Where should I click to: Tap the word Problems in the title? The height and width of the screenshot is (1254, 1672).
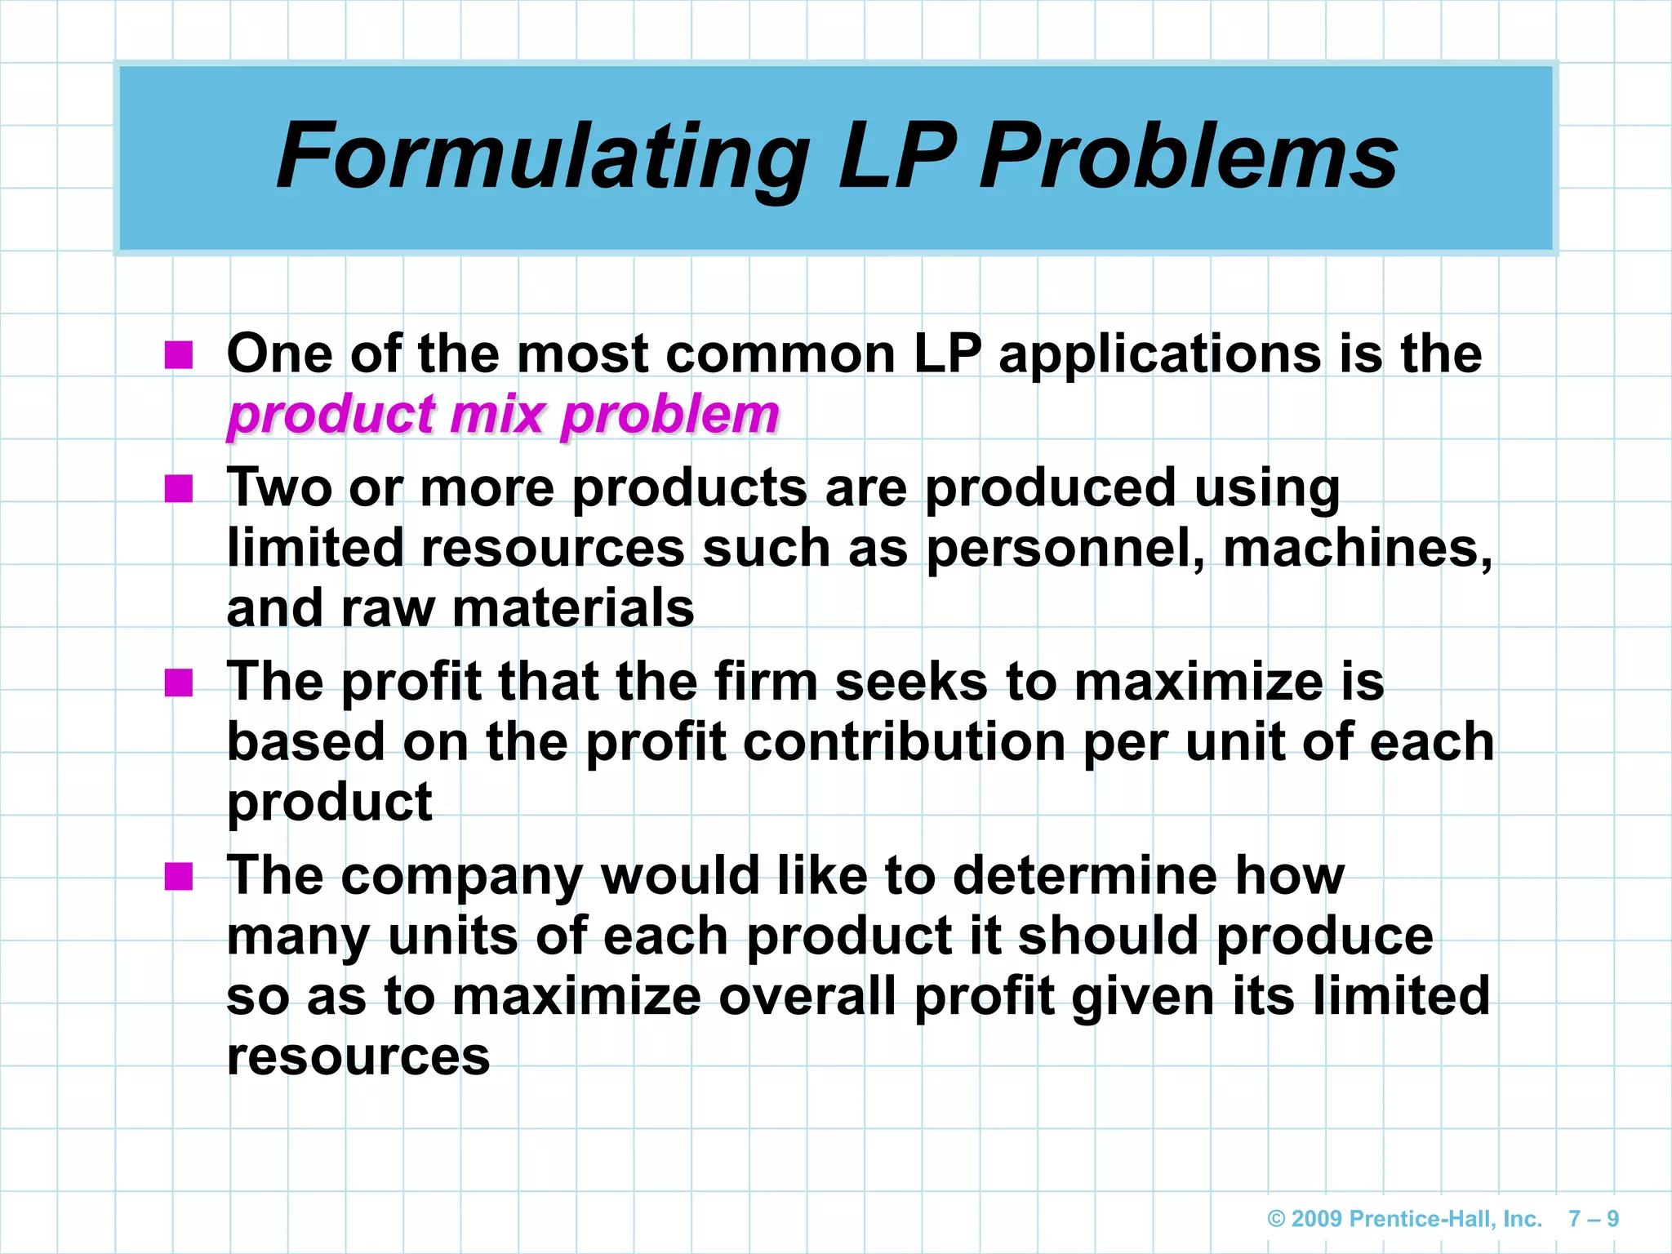(x=1189, y=157)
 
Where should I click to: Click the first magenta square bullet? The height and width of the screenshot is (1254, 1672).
(x=178, y=355)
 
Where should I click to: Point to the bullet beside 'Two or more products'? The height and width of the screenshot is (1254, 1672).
(x=178, y=489)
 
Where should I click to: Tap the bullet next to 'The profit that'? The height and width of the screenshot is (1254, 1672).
(x=178, y=683)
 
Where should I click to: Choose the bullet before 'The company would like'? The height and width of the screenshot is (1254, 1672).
(x=178, y=877)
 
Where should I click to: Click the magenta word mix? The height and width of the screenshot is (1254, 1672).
(x=497, y=414)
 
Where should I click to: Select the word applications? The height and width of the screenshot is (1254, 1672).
(x=1159, y=355)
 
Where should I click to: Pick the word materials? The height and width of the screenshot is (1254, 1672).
(x=572, y=608)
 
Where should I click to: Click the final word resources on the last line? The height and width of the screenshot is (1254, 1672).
(x=358, y=1056)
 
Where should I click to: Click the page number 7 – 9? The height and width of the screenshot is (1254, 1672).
(x=1594, y=1219)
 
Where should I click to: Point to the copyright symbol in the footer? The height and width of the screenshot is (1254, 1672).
(x=1276, y=1220)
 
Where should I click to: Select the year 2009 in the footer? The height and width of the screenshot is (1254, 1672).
(x=1317, y=1219)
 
